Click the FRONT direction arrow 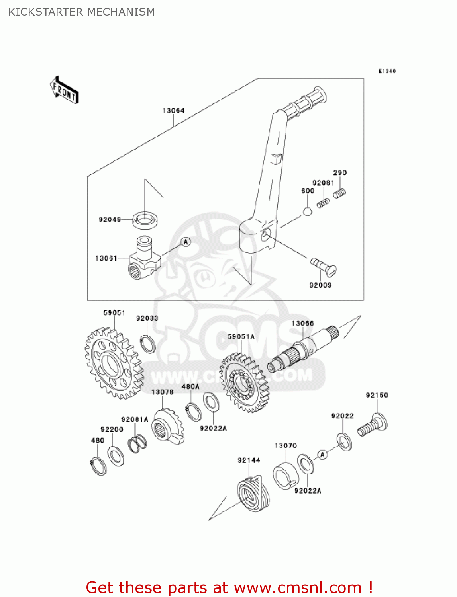[x=64, y=90]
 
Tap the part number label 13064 [x=173, y=111]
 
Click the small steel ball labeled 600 [x=307, y=211]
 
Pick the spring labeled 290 [x=339, y=194]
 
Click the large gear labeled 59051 [x=114, y=363]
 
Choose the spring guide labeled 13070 [x=285, y=476]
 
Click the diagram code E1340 [x=387, y=71]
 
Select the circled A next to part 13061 [x=186, y=242]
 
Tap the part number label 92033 [x=147, y=318]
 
